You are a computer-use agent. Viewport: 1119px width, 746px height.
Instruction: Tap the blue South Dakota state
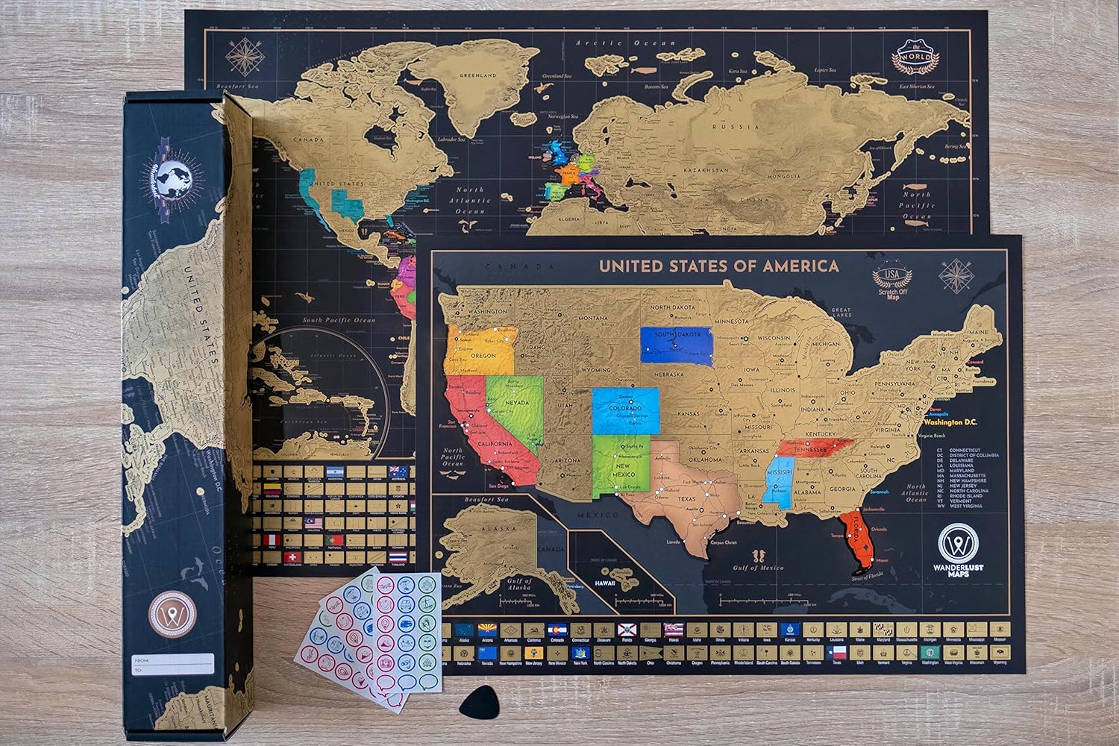click(676, 345)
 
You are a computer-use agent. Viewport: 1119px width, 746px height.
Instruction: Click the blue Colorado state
click(625, 410)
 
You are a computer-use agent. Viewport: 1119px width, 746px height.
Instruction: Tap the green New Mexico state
click(619, 470)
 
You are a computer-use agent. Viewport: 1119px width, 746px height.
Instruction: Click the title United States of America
click(719, 266)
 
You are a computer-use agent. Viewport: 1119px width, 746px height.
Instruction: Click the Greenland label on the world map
click(478, 76)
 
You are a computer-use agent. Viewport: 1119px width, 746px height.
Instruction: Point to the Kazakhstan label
click(704, 170)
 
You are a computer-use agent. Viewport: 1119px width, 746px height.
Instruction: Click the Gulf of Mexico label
click(757, 568)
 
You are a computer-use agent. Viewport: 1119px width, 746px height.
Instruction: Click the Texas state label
click(687, 499)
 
